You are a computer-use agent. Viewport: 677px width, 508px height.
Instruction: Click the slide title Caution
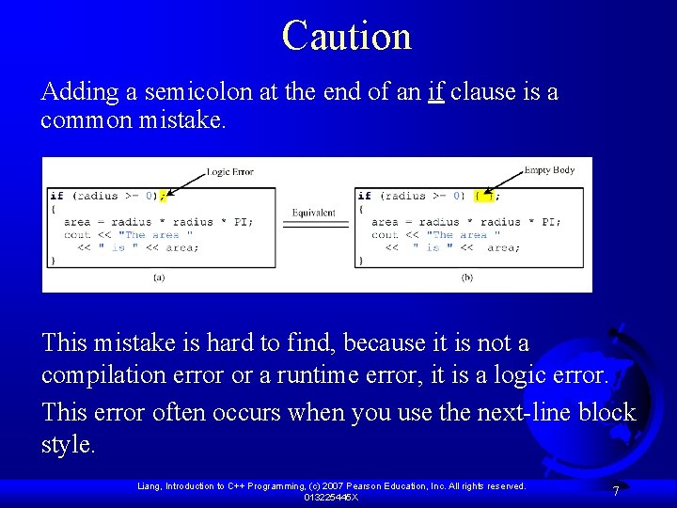[346, 37]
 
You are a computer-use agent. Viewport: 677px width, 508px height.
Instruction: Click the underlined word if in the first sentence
[434, 92]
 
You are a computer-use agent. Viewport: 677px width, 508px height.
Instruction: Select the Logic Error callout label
[230, 172]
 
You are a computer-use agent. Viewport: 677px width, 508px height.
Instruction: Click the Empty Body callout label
[549, 170]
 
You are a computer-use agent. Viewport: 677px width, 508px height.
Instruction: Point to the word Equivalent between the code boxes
[313, 214]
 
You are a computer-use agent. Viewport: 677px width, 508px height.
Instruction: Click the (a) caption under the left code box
[159, 278]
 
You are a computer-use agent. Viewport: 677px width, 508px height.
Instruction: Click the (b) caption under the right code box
[467, 278]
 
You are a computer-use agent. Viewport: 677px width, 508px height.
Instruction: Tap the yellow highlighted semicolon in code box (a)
[162, 196]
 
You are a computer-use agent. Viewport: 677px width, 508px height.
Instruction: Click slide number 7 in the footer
[615, 491]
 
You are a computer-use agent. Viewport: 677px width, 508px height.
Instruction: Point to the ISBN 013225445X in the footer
[330, 497]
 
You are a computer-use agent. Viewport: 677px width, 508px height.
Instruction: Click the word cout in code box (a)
[77, 235]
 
